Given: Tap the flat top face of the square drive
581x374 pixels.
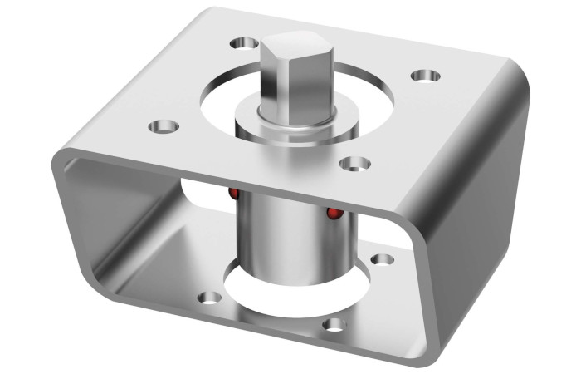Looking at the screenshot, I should [294, 43].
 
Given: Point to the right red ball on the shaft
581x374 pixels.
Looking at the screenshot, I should [334, 214].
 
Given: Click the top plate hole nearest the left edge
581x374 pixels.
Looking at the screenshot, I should [164, 127].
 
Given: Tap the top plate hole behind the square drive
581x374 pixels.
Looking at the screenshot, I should [245, 42].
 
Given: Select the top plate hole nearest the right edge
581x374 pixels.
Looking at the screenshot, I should [424, 76].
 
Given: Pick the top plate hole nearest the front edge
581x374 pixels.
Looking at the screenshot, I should [355, 164].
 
